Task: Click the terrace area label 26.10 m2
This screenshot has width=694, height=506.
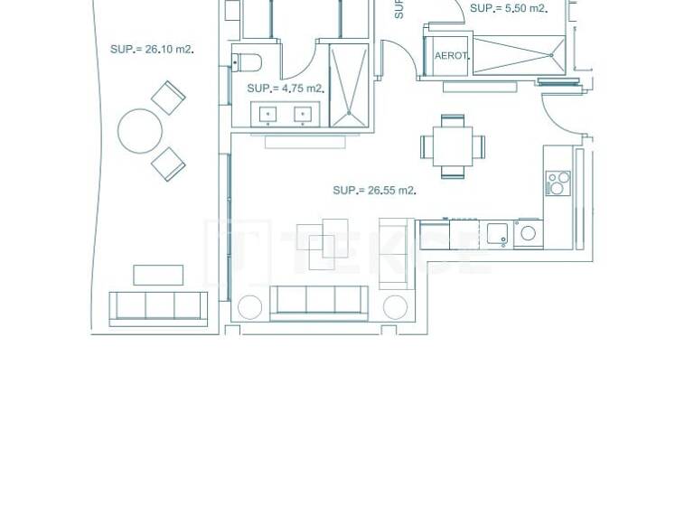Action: point(151,50)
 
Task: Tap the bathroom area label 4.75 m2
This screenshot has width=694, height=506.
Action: point(285,89)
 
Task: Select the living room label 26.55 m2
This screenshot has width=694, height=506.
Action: point(373,191)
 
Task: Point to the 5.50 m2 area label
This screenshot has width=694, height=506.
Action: point(508,8)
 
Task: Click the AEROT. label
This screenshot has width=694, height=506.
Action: point(452,56)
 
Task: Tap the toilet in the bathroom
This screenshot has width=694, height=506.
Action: point(247,62)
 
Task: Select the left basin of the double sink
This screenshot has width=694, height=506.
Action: point(268,114)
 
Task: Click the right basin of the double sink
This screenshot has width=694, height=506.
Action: point(303,114)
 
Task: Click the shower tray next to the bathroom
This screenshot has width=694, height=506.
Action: point(349,84)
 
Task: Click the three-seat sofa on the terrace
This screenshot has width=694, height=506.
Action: point(158,307)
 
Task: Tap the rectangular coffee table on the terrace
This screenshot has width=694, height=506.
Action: point(158,275)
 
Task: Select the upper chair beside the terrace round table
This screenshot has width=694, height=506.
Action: point(168,98)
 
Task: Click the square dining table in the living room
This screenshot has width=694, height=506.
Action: point(452,145)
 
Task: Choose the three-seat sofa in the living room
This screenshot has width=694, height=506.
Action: point(319,302)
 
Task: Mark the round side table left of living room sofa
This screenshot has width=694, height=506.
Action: point(249,307)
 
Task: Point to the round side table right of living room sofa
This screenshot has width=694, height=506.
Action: point(395,307)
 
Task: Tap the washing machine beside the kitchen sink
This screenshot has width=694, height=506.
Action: point(528,234)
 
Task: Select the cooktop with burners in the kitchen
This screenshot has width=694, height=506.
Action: point(558,183)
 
